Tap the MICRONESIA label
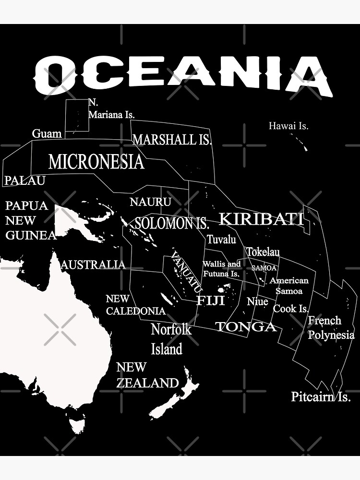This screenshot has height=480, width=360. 96,162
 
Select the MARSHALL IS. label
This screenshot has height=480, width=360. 172,140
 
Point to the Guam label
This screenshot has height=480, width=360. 47,133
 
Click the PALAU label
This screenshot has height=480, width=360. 25,180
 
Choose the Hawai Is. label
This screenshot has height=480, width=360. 288,126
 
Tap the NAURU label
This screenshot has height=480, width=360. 150,202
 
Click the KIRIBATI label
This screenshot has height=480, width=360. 262,219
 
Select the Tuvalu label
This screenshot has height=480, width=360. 221,239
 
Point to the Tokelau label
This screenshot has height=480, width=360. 263,252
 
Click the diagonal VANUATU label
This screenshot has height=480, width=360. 187,272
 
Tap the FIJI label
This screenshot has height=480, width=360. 210,300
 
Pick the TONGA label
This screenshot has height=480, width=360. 246,327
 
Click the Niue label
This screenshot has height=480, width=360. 257,302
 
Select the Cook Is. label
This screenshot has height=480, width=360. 291,309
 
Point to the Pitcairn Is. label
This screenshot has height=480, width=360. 321,397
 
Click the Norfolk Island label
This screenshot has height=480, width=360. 171,339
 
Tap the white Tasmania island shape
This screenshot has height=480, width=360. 77,425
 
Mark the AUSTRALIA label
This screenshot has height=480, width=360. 93,264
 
